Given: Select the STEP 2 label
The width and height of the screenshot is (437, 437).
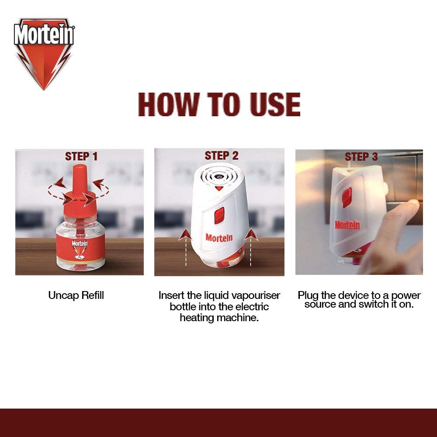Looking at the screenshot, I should pyautogui.click(x=222, y=156).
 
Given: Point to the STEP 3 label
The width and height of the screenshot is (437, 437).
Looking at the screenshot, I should pyautogui.click(x=361, y=156).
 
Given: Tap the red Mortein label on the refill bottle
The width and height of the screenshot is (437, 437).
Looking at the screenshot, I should pyautogui.click(x=80, y=247).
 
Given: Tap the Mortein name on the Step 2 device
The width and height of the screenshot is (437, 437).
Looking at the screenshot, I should pyautogui.click(x=219, y=239).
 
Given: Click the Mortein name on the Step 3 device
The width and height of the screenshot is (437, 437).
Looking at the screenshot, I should pyautogui.click(x=347, y=225).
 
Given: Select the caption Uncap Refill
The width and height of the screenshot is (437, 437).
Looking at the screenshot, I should pyautogui.click(x=76, y=295).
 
